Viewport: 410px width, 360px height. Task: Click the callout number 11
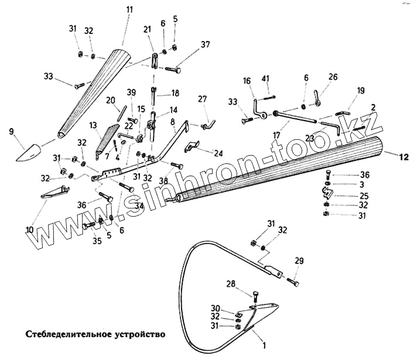tap(129, 10)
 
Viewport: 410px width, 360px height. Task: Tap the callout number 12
tap(402, 157)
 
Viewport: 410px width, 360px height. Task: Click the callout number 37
tap(204, 45)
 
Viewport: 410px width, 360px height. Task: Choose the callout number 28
tap(231, 284)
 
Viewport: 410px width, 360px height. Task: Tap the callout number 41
tap(265, 78)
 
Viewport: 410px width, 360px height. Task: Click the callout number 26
tap(333, 77)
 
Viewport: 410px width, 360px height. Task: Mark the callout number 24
tap(218, 153)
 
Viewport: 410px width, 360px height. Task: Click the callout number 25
tap(364, 196)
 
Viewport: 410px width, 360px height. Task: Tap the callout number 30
tap(215, 308)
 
